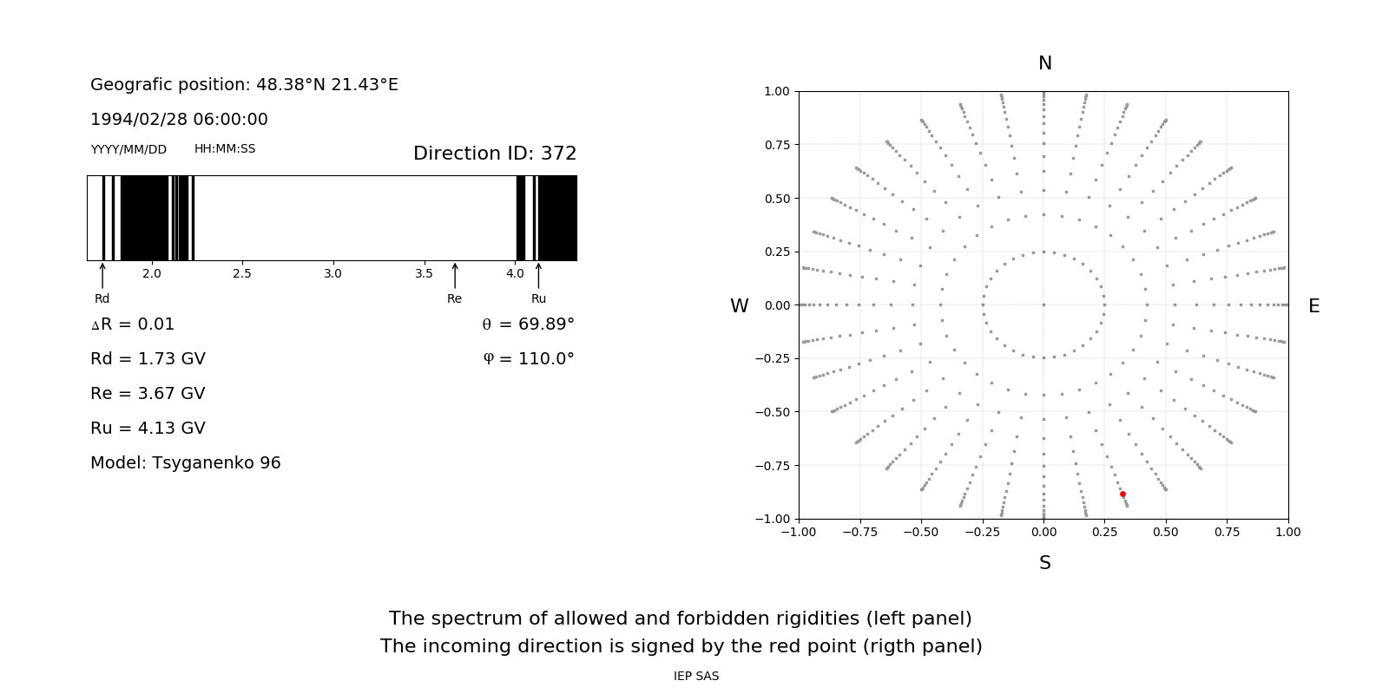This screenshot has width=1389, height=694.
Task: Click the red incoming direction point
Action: coord(1122,494)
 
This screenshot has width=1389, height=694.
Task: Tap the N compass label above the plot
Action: coord(1045,63)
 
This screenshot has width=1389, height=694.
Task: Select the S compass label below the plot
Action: coord(1045,563)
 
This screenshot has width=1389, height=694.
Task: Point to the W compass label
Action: coord(739,306)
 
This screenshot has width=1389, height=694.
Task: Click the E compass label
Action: coord(1313,306)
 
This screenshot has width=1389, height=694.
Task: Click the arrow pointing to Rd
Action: coord(102,276)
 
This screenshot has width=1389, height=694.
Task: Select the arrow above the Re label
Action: coord(455,276)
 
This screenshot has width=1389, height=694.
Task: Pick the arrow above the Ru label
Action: coord(538,276)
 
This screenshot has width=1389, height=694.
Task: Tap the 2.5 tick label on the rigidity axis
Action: coord(242,274)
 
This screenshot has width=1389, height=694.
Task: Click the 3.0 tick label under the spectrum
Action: coord(332,274)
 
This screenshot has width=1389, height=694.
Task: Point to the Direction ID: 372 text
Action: coord(495,154)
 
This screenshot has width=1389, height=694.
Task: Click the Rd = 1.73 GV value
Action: coord(148,359)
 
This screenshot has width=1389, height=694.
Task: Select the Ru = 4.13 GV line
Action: coord(148,429)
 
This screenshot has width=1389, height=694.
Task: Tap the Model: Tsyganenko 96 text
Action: coord(186,463)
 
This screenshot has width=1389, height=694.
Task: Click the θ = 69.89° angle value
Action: coord(528,324)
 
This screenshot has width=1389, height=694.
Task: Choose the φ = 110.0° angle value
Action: coord(529,359)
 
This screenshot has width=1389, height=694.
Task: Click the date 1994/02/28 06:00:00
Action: coord(179,120)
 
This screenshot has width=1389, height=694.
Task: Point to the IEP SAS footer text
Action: coord(696,677)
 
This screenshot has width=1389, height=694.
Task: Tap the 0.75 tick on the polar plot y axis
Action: coord(777,145)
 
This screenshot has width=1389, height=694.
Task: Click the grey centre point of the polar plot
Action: coord(1043,304)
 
